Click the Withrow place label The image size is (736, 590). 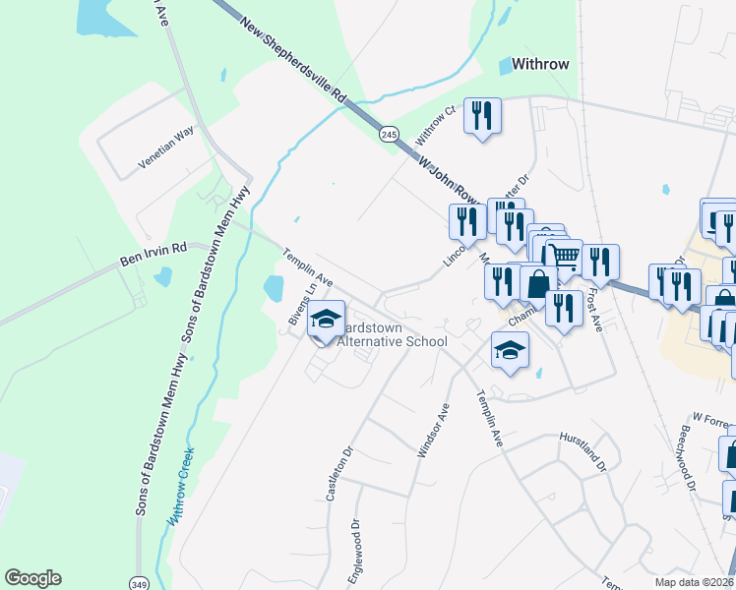(540, 65)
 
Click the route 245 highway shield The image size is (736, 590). (390, 134)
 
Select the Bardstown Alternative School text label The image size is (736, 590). (392, 333)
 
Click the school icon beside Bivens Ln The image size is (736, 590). (326, 319)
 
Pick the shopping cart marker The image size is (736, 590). (564, 258)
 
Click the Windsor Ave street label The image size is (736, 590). (433, 430)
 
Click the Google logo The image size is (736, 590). (32, 578)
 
